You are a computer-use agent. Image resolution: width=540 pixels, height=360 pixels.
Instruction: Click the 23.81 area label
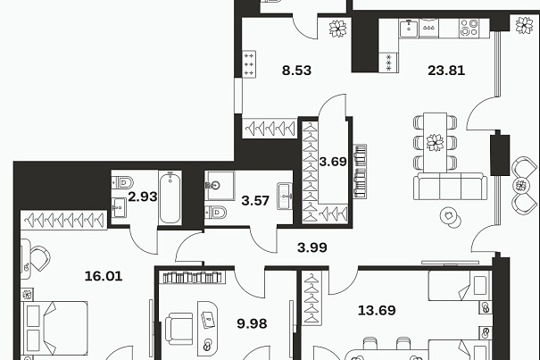click(x=446, y=71)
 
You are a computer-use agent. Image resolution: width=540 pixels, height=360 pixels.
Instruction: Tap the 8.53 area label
click(x=296, y=71)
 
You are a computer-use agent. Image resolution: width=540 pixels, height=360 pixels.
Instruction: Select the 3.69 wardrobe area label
click(x=333, y=162)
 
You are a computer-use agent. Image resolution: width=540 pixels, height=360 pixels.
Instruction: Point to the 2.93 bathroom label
click(x=143, y=197)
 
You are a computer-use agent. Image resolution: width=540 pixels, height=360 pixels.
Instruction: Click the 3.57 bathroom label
click(x=255, y=201)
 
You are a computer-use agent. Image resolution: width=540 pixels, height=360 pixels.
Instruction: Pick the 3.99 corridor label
click(x=312, y=247)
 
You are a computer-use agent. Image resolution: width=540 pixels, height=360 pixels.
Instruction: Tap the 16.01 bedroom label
click(x=104, y=276)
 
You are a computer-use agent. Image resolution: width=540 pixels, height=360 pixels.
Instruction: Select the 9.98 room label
click(x=252, y=323)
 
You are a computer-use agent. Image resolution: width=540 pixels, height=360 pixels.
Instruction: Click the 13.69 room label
click(x=377, y=310)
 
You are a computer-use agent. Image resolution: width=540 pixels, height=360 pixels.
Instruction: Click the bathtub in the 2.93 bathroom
click(x=170, y=198)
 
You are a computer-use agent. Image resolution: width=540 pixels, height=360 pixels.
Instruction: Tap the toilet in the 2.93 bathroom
click(x=122, y=181)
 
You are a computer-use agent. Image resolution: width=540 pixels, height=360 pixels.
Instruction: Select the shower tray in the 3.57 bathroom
click(x=220, y=186)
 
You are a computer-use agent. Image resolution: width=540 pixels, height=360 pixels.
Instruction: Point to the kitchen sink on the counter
click(x=409, y=28)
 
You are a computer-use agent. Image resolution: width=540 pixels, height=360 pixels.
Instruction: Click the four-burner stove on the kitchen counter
click(x=469, y=28)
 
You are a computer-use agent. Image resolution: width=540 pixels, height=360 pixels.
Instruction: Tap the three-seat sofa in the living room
click(x=450, y=186)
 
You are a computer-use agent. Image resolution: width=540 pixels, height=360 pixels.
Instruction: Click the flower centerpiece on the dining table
click(x=435, y=142)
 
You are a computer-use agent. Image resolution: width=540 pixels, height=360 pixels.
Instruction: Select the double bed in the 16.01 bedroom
click(x=54, y=328)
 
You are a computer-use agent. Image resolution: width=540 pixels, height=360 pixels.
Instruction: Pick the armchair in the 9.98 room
click(x=179, y=329)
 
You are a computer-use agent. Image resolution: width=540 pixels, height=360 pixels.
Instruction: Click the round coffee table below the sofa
click(x=451, y=217)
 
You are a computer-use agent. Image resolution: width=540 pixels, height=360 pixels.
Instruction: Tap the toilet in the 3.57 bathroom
click(x=216, y=213)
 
